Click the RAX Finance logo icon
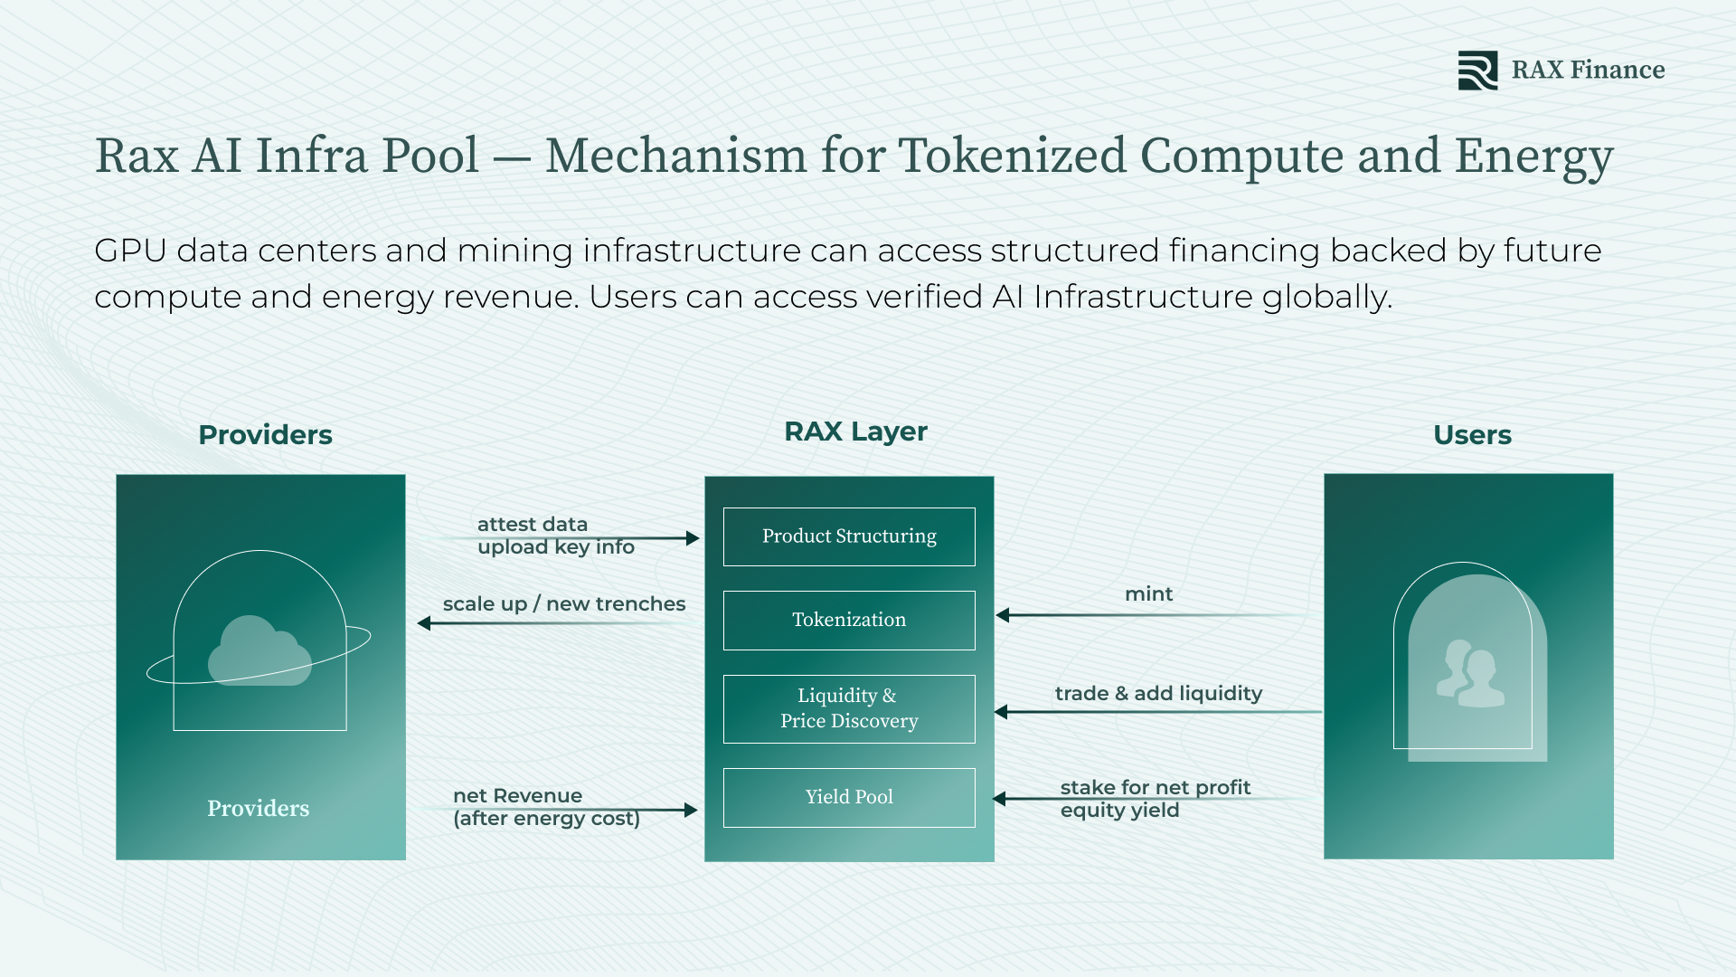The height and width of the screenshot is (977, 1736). [x=1477, y=71]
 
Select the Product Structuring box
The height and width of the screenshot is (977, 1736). [x=849, y=536]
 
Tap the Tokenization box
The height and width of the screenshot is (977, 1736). [x=849, y=620]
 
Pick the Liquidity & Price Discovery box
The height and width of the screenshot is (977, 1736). [x=849, y=708]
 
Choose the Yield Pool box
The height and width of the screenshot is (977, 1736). [x=849, y=797]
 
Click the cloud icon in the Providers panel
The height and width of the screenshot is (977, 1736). [x=259, y=650]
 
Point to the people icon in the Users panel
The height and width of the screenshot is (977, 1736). [x=1470, y=673]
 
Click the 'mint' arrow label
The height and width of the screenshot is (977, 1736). [x=1148, y=594]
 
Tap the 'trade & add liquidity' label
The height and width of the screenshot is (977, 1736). [x=1158, y=694]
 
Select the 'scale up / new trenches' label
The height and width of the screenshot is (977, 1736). [x=564, y=604]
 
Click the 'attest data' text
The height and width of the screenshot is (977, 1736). [x=533, y=525]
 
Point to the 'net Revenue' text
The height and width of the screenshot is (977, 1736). [x=517, y=796]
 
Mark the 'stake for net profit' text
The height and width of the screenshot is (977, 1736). [x=1155, y=788]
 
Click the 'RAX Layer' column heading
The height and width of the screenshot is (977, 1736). [x=855, y=432]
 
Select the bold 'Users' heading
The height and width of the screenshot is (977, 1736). [x=1472, y=435]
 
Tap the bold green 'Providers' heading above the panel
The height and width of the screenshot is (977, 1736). [x=265, y=435]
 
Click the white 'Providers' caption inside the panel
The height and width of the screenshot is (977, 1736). [x=258, y=808]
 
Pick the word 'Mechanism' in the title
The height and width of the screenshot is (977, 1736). [x=675, y=156]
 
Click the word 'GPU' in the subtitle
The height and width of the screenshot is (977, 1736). [x=130, y=251]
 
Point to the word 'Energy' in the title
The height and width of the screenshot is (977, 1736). [x=1533, y=156]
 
